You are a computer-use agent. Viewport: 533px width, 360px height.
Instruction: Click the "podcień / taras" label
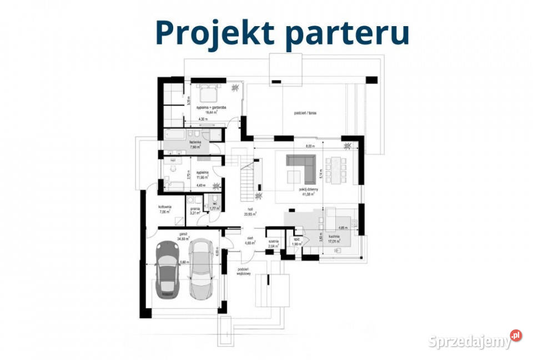305,113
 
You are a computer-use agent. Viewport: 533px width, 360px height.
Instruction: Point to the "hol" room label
250,210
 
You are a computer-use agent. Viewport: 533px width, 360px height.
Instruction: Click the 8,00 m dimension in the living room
309,147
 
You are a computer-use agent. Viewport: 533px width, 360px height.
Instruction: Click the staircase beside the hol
247,178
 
